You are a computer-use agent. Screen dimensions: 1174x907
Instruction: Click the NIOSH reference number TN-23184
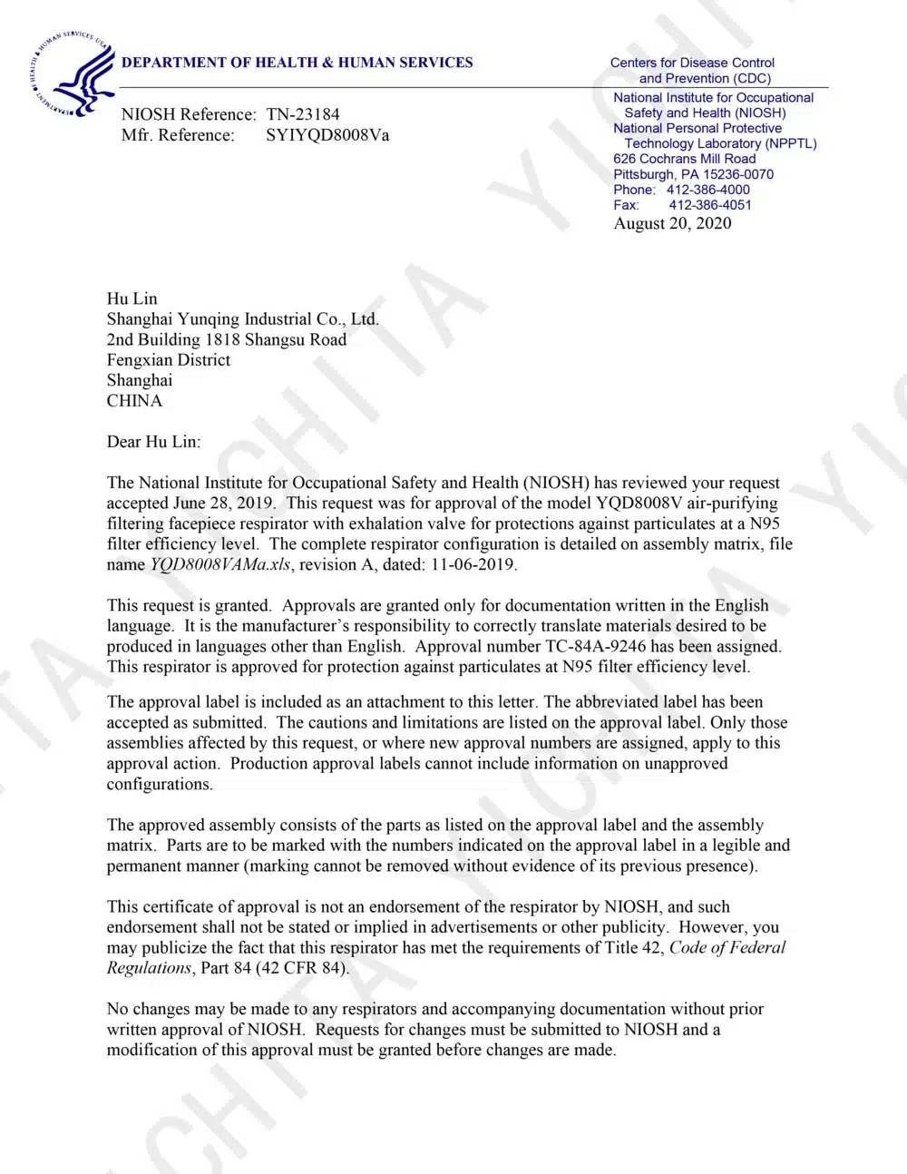tap(303, 114)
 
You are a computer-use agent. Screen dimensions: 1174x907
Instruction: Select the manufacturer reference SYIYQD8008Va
tap(327, 135)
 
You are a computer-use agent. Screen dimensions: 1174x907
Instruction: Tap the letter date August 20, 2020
tap(672, 223)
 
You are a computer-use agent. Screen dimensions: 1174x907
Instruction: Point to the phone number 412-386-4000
tap(707, 190)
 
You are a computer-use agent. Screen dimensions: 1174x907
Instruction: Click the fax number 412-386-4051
tap(710, 205)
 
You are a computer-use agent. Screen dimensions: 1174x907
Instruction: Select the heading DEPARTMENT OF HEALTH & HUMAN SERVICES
tap(297, 63)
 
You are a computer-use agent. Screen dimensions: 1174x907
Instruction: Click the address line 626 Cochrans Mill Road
tap(684, 159)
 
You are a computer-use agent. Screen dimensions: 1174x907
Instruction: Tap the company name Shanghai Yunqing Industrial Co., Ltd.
tap(242, 318)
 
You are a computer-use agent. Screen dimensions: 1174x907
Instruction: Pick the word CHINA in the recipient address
tap(134, 401)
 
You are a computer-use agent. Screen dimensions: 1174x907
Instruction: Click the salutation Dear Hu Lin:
tap(153, 442)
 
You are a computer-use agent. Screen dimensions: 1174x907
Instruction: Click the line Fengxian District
tap(168, 359)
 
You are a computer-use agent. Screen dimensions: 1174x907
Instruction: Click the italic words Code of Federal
tap(727, 947)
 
